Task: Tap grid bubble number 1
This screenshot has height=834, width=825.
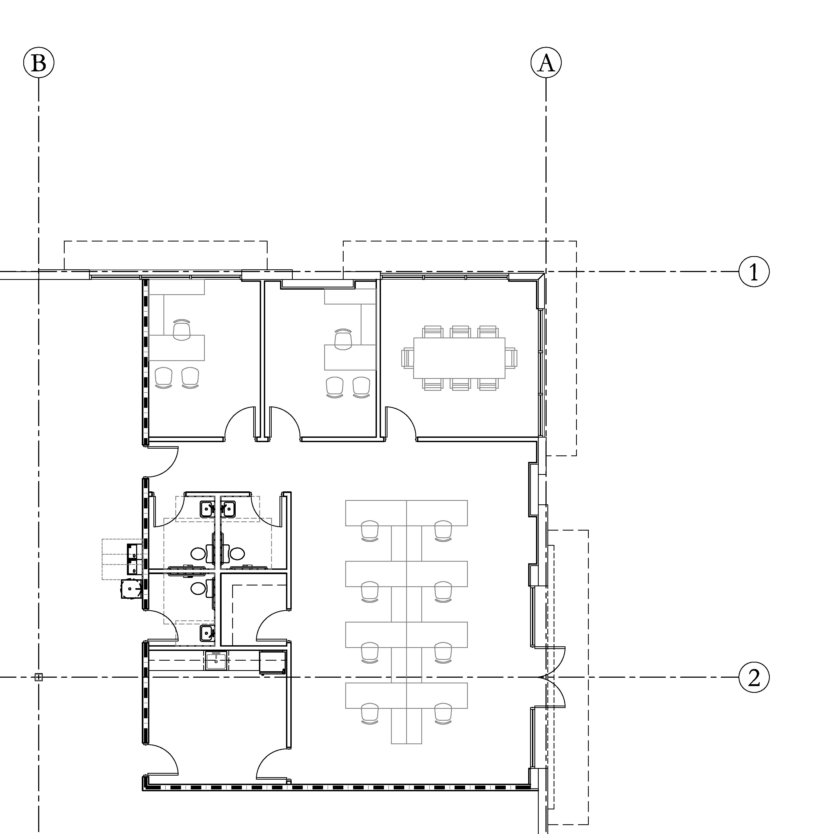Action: click(x=754, y=272)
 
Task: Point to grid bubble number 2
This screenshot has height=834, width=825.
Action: click(x=754, y=677)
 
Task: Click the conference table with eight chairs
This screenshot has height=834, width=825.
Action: click(x=459, y=358)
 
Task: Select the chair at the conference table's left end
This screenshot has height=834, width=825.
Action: click(x=407, y=358)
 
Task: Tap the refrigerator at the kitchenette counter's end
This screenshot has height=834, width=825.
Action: click(x=272, y=663)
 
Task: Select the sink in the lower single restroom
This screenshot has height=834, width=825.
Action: click(x=207, y=633)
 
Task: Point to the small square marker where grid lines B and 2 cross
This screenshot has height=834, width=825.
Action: click(x=38, y=677)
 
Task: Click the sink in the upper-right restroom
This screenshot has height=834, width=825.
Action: click(x=228, y=509)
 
